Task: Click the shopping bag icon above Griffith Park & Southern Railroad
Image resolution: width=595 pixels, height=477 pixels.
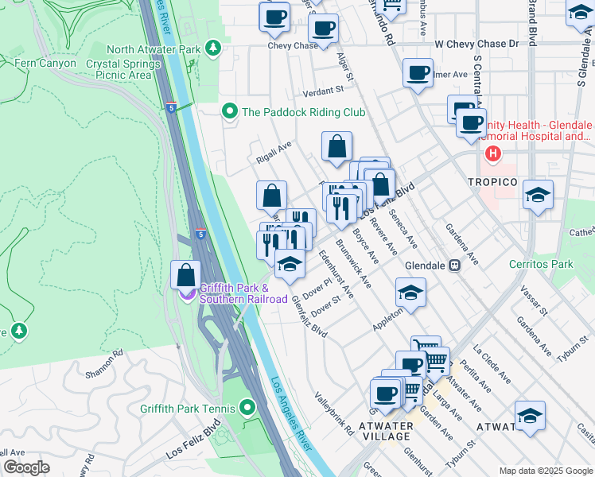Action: pos(185,275)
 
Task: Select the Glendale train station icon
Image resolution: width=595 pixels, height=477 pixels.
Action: pos(454,266)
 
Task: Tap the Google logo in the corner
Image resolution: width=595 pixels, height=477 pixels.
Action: pos(26,467)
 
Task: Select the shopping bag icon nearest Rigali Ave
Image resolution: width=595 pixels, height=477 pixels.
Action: pos(336,146)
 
